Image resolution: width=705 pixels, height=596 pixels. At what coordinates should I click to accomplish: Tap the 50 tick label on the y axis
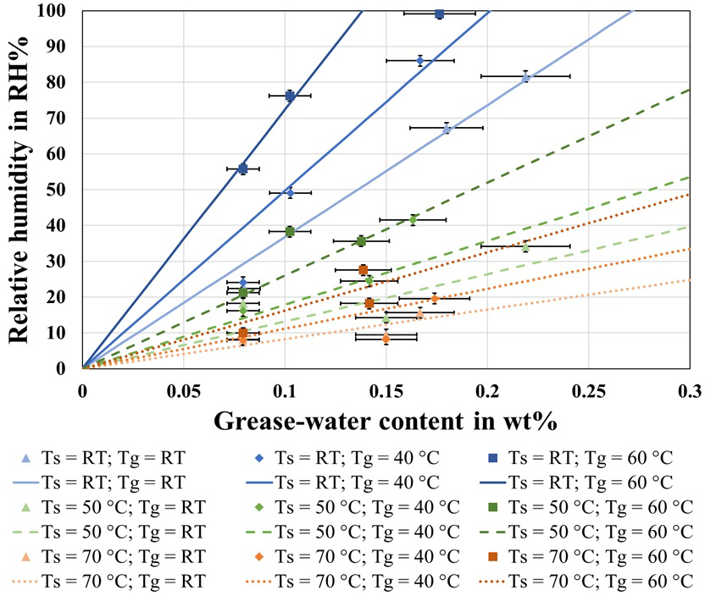coord(62,190)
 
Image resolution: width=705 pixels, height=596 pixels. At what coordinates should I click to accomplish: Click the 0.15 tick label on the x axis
coord(386,391)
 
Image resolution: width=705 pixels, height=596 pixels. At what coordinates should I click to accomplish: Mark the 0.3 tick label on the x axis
coord(689,391)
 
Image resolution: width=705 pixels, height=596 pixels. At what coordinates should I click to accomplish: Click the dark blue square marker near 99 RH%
coord(439,14)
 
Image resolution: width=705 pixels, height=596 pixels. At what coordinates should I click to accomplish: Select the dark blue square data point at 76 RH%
coord(290,96)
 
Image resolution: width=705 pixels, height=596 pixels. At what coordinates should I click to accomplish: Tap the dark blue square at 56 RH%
coord(242,168)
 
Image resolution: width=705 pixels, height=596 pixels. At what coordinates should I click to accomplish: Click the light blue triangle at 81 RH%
coord(525,77)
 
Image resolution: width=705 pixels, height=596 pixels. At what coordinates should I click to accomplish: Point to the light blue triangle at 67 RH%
coord(447,128)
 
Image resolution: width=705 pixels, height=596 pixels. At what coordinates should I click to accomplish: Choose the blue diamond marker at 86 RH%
coord(420,60)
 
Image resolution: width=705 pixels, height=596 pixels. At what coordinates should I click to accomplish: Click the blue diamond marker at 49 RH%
coord(290,192)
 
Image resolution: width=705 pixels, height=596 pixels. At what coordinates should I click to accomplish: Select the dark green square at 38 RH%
coord(290,231)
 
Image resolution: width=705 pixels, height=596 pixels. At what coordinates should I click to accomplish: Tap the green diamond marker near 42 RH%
coord(414,219)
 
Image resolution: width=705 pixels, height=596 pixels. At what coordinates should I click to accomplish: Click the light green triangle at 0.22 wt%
coord(525,246)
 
